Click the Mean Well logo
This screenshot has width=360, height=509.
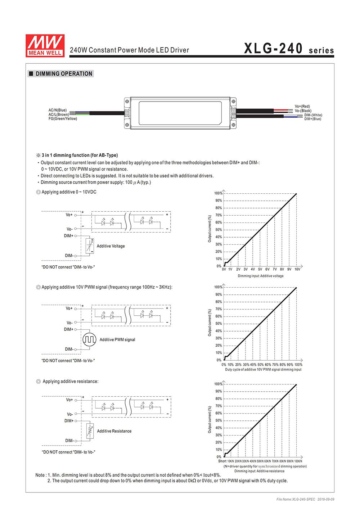point(45,45)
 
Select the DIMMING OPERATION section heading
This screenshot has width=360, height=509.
point(64,74)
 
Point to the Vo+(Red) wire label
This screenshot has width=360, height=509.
point(302,106)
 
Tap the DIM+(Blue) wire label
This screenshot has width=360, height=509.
point(312,119)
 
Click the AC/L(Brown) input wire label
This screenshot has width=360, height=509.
point(59,114)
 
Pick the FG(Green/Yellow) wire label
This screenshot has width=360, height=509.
point(63,119)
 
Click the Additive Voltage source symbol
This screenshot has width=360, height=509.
point(90,246)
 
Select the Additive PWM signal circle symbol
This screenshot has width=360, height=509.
point(89,339)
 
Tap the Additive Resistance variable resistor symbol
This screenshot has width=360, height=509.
point(90,431)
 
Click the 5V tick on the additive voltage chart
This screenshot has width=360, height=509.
point(260,269)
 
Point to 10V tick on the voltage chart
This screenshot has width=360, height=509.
point(297,269)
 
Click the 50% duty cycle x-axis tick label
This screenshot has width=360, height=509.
point(260,365)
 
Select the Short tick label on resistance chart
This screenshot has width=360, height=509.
point(222,461)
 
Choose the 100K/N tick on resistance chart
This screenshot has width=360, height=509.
point(298,461)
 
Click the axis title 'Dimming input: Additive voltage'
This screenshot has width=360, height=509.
point(260,276)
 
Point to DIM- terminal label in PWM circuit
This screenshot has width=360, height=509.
point(69,349)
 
